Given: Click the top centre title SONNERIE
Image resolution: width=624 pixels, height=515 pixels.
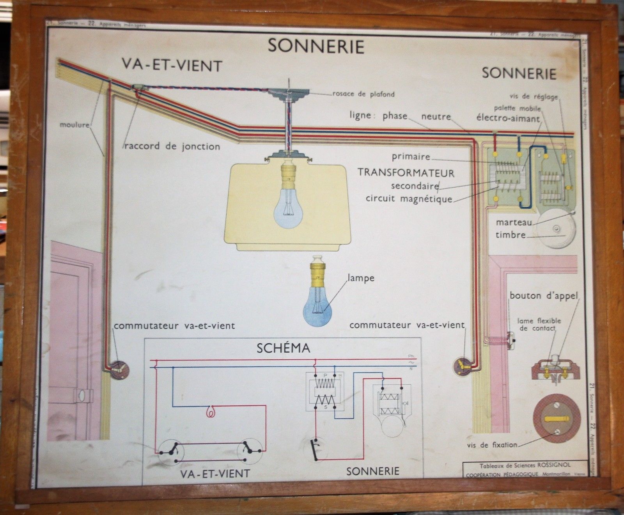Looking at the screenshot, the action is tap(316, 46).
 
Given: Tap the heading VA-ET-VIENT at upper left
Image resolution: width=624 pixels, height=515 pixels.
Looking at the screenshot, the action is tap(172, 65).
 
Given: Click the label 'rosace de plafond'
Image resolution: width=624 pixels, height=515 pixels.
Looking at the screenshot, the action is tap(363, 94).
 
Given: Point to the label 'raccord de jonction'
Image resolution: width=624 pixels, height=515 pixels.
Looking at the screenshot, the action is tap(172, 147).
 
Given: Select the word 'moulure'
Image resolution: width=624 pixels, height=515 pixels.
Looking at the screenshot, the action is tap(74, 125).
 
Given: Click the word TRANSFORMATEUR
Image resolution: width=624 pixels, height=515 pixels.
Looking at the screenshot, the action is tap(406, 173).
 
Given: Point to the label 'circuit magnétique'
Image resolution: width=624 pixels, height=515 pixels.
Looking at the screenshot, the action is tap(409, 199).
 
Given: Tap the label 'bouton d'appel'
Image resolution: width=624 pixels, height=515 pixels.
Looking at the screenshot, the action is tap(544, 296).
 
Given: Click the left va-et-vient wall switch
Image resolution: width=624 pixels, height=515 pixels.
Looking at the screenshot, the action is tap(117, 368).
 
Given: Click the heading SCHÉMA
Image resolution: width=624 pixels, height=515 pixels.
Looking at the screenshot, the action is tap(283, 348).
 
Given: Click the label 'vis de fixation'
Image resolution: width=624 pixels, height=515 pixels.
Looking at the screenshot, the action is tap(492, 444).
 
